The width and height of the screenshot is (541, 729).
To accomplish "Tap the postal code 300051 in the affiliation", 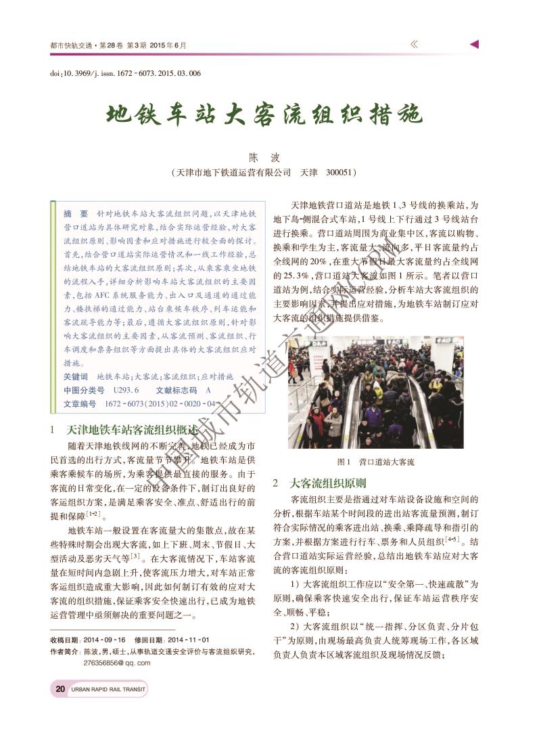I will click(340, 173).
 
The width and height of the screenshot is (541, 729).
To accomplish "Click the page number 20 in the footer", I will click(60, 689).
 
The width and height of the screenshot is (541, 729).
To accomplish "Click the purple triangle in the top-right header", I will click(475, 45).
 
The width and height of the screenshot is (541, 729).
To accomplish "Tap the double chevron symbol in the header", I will click(414, 45).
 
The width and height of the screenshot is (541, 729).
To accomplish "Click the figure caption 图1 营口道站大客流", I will click(376, 462).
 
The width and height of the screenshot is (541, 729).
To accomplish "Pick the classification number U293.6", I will click(126, 391).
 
